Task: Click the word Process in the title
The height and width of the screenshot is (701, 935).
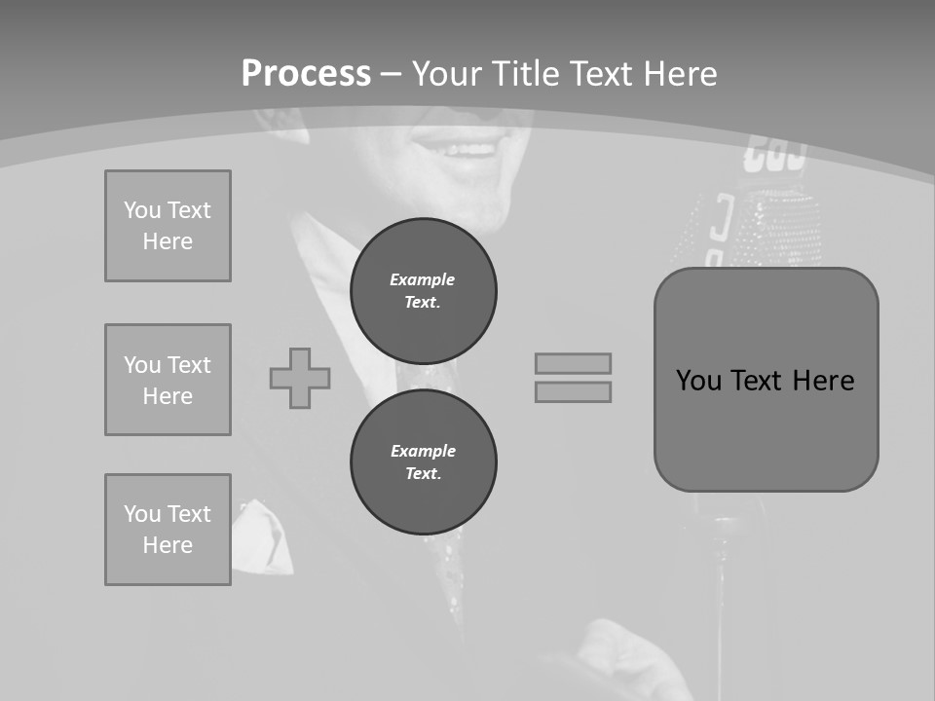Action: point(306,74)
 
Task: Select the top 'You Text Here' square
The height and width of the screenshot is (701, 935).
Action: point(168,226)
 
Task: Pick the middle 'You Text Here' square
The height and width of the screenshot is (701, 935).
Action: point(168,380)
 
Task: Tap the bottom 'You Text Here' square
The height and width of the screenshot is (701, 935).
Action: point(168,530)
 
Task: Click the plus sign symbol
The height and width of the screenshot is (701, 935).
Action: point(300,378)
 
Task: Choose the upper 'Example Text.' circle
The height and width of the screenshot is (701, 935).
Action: point(423,290)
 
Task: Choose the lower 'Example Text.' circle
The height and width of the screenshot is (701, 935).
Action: point(423,461)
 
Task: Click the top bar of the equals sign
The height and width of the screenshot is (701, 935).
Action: point(573,363)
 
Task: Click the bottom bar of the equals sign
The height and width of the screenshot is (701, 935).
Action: point(573,391)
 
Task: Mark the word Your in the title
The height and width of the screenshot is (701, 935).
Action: point(447,74)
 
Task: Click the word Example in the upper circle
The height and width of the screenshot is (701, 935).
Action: point(423,279)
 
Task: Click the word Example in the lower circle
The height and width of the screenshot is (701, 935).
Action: point(423,451)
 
